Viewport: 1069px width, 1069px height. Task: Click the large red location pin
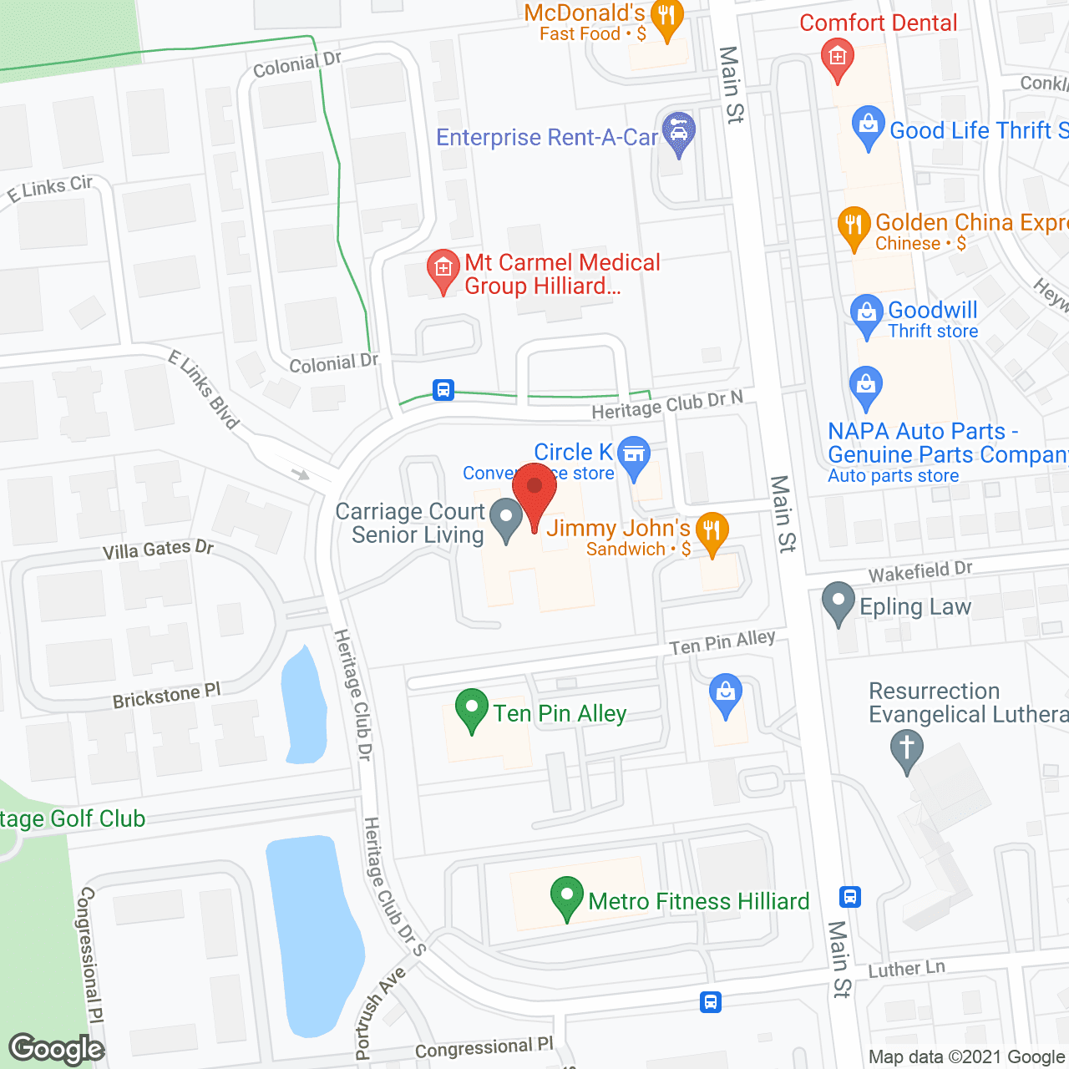534,493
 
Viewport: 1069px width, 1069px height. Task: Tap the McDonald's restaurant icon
666,18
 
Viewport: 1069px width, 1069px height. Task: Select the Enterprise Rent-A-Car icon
678,131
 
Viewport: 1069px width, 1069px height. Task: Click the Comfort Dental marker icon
838,58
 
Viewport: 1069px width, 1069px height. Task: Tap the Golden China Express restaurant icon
853,225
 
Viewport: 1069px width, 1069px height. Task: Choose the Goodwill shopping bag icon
867,314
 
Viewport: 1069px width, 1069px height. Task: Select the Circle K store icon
634,455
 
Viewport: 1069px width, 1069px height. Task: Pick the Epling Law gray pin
838,601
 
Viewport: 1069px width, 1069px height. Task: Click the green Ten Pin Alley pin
472,708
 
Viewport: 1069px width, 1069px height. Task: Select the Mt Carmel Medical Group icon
443,269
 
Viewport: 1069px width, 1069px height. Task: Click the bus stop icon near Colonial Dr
443,389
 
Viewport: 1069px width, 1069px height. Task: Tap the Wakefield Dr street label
920,572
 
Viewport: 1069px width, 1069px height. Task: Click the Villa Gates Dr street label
158,550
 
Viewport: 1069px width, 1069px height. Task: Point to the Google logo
57,1049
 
